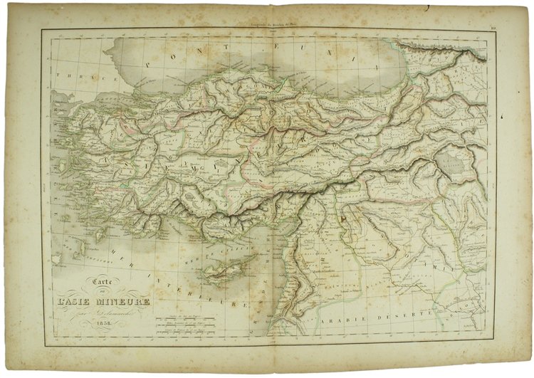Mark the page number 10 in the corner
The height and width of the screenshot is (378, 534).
(493, 28)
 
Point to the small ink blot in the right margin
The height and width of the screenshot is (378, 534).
(503, 116)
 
